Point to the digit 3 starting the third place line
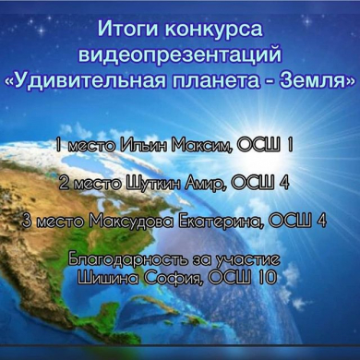(x=30, y=221)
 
